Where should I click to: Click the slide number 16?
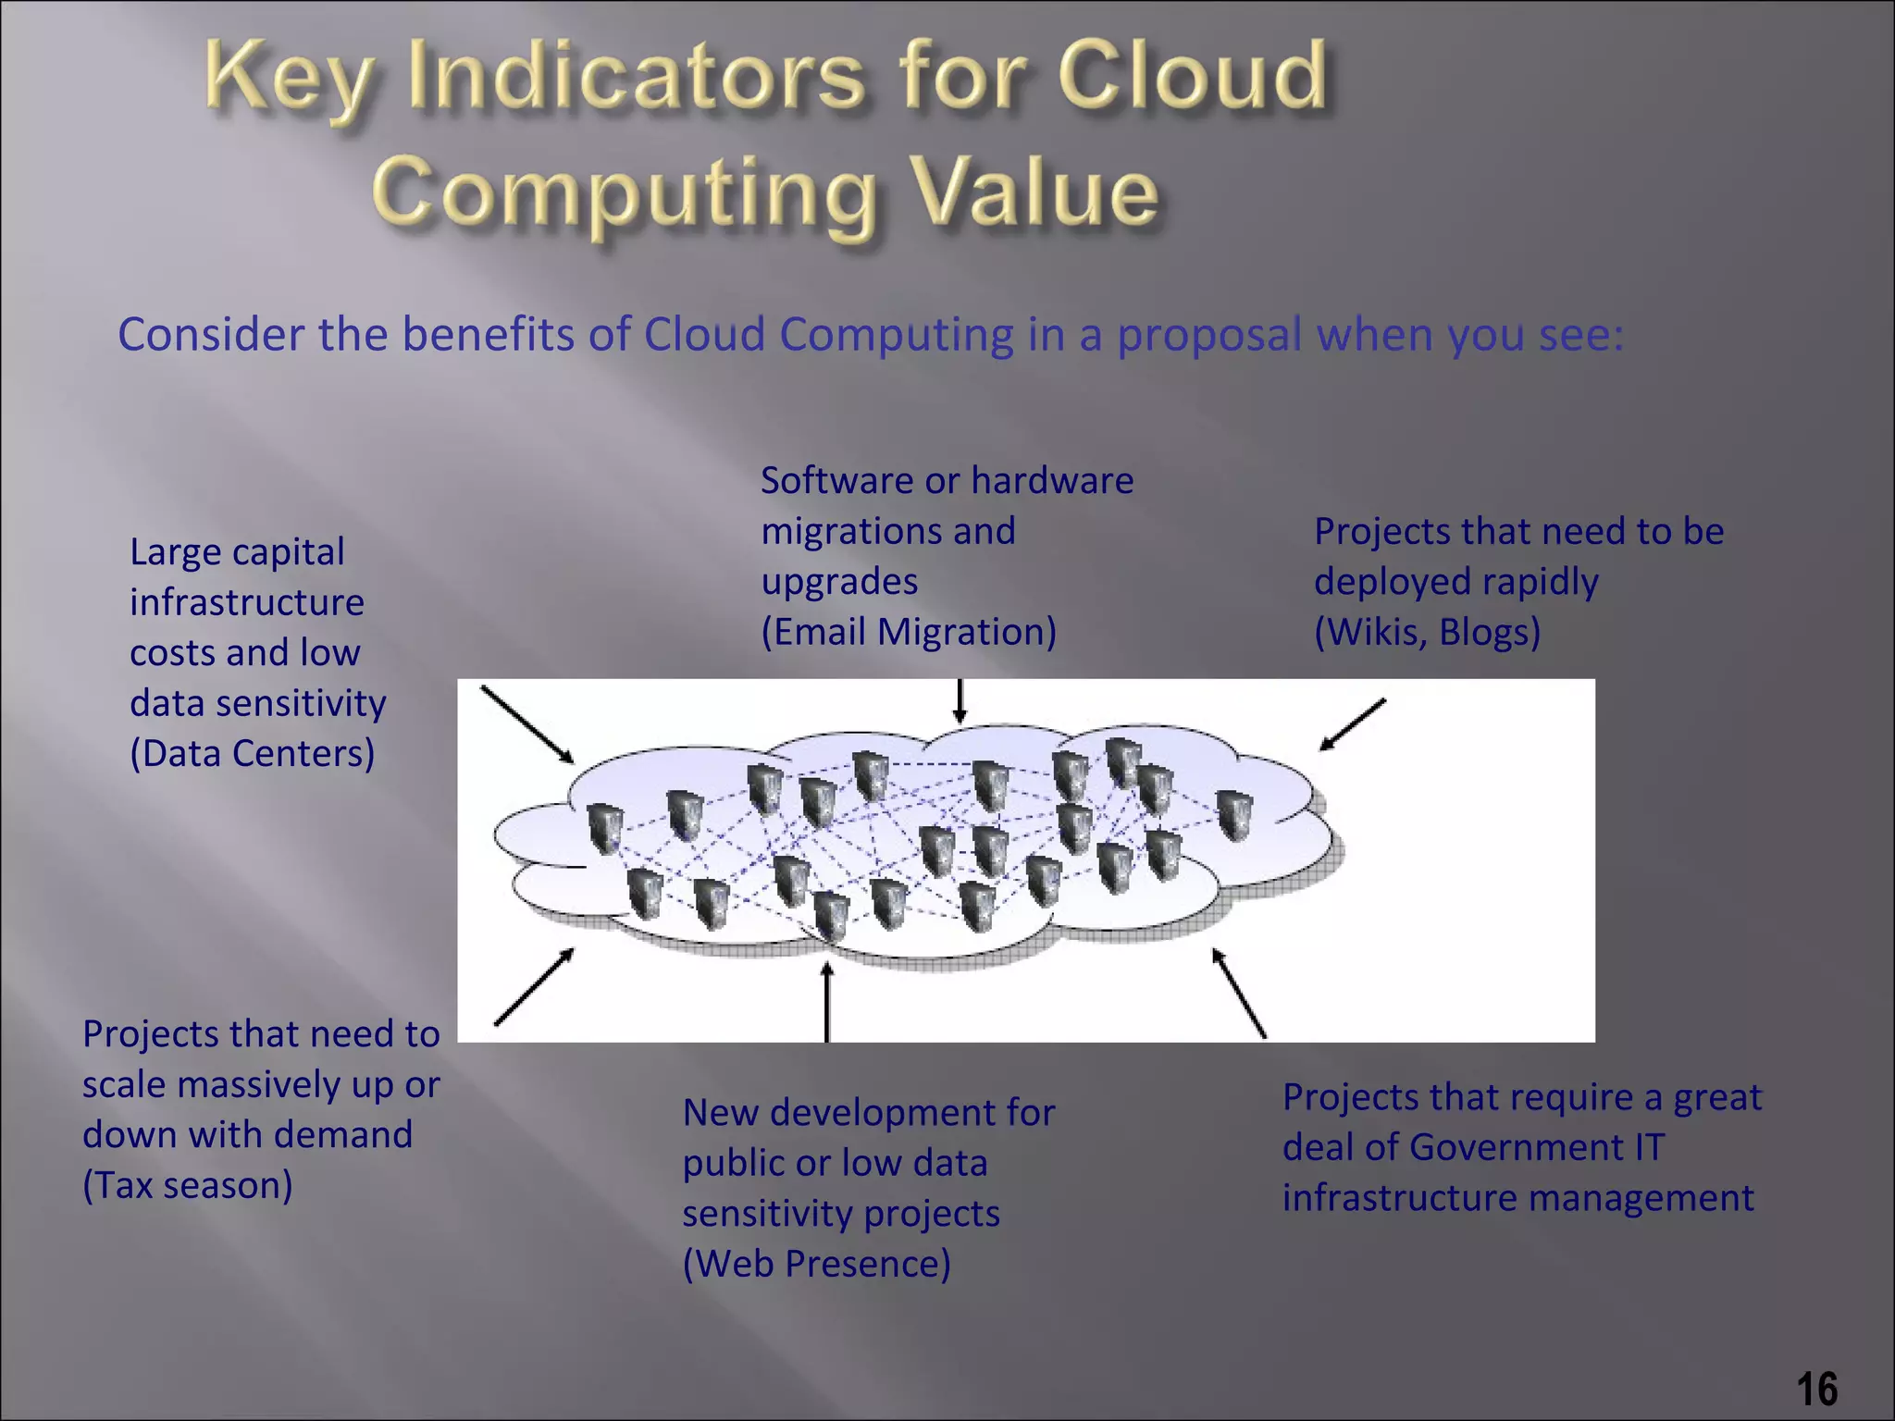(x=1817, y=1389)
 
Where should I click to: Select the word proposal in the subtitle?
(x=1209, y=335)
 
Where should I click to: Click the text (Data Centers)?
(x=252, y=753)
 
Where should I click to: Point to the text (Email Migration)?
(x=908, y=632)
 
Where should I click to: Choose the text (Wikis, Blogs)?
(x=1427, y=632)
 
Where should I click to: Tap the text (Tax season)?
(x=187, y=1185)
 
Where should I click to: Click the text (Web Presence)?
(x=816, y=1264)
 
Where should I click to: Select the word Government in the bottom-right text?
(x=1517, y=1147)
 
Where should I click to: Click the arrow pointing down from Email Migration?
(x=960, y=701)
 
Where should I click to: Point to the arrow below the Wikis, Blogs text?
(x=1352, y=724)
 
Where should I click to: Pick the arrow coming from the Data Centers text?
(x=526, y=724)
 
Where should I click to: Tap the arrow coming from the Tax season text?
(x=534, y=987)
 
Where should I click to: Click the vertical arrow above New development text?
(x=827, y=1002)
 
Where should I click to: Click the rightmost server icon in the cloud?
(x=1233, y=815)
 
